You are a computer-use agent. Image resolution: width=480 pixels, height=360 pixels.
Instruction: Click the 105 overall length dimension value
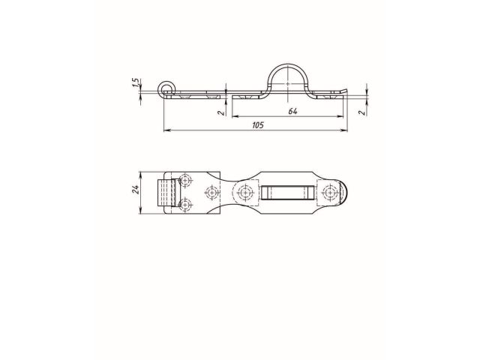pos(256,126)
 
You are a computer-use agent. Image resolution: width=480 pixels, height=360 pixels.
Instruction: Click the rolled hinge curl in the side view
pos(166,90)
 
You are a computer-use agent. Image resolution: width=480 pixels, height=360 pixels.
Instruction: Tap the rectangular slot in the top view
pos(286,193)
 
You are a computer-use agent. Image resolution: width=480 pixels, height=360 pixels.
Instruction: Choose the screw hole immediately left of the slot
pos(244,193)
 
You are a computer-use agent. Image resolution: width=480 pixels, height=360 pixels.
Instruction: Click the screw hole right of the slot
pos(330,193)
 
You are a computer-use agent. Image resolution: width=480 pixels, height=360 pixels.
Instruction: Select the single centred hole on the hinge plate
pos(211,193)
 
